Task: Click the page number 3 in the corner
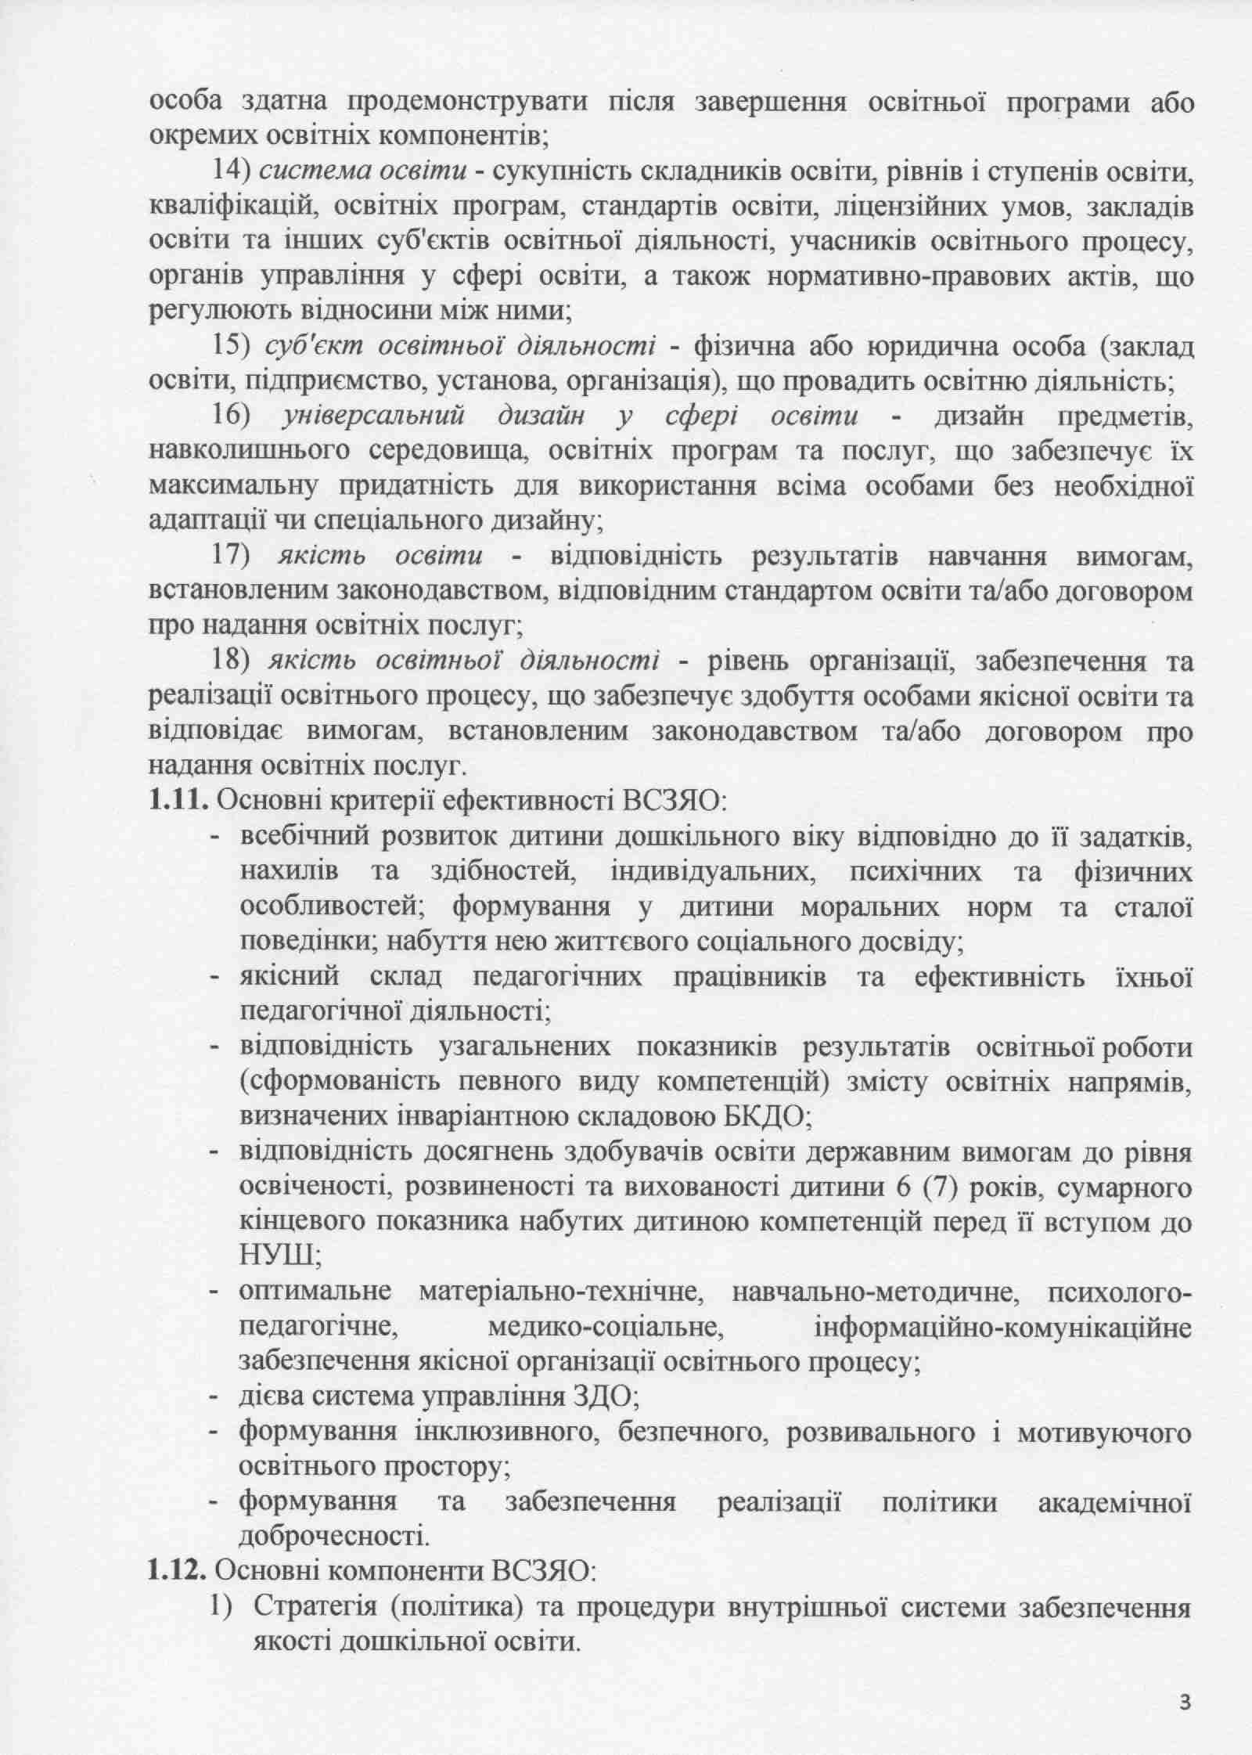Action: (1186, 1697)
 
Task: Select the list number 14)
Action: (231, 172)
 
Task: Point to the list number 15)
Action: (231, 347)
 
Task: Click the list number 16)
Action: (231, 416)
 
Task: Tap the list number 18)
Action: (231, 661)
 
